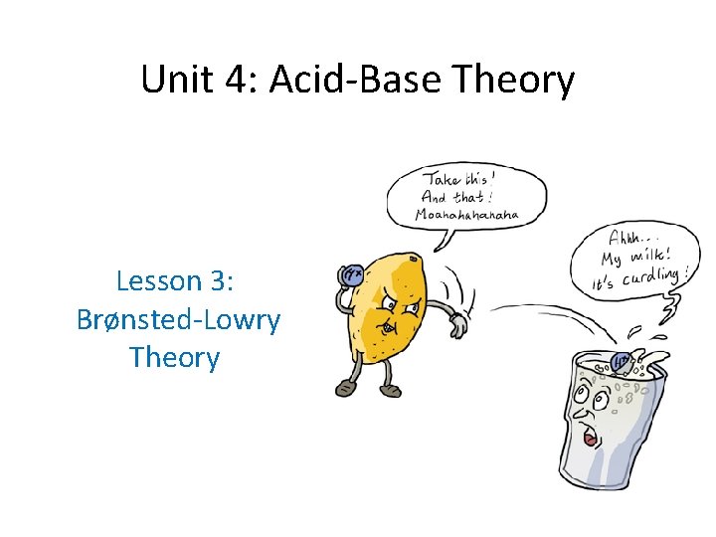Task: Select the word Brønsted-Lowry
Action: pos(178,319)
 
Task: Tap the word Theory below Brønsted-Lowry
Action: pos(174,357)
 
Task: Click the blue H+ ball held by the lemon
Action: pos(351,276)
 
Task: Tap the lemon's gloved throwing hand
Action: pos(458,325)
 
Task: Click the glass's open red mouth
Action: pos(592,438)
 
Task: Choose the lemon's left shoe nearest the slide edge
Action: pos(345,388)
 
